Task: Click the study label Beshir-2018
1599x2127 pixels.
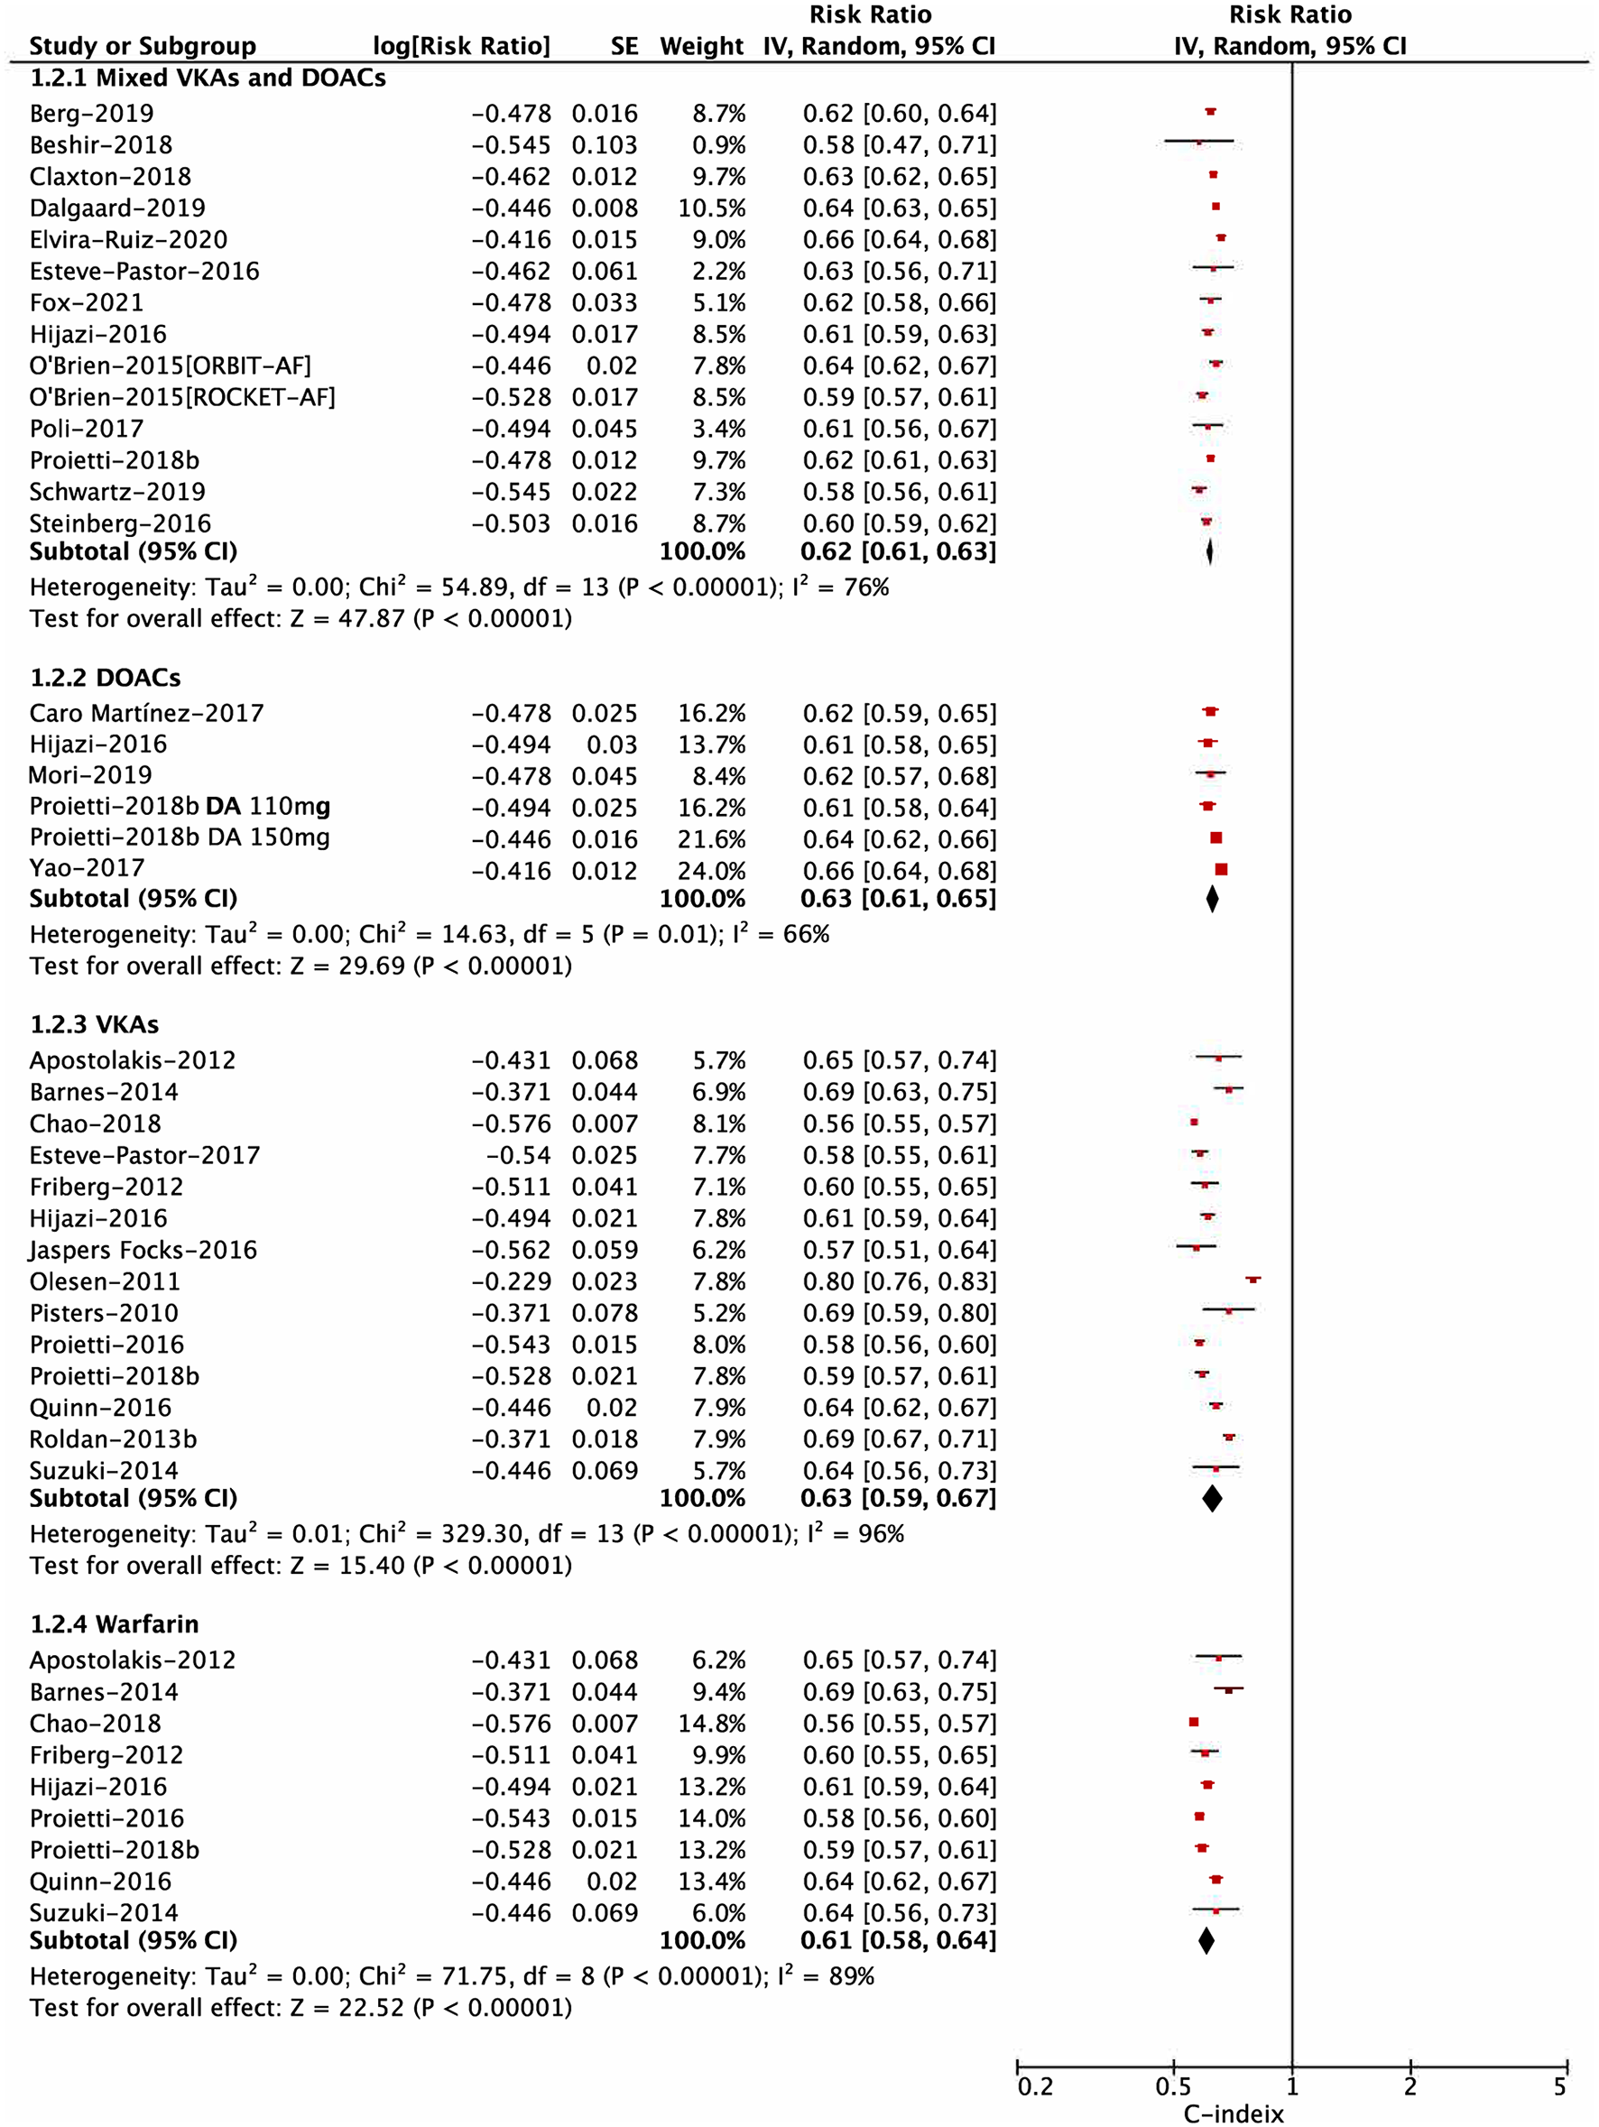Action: (101, 145)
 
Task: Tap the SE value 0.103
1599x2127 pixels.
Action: (604, 145)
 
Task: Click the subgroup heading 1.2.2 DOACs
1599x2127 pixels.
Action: (105, 678)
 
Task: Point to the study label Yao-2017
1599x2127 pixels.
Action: (87, 868)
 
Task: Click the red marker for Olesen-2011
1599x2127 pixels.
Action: (1252, 1280)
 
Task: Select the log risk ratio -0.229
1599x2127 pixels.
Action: (511, 1281)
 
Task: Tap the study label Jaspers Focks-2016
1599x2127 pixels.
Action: (143, 1250)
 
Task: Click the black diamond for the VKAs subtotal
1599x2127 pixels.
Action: (1212, 1498)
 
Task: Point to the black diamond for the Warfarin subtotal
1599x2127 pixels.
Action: (1206, 1940)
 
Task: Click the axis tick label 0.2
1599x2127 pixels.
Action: (1035, 2086)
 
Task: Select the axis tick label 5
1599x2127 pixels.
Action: (1559, 2086)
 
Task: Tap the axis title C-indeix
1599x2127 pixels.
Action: (1234, 2114)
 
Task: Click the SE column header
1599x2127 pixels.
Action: (624, 46)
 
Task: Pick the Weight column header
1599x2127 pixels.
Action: (701, 46)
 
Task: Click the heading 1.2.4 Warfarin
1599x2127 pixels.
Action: (115, 1624)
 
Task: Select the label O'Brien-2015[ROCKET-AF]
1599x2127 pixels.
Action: (181, 397)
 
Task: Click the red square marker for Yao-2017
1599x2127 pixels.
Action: (1221, 869)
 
